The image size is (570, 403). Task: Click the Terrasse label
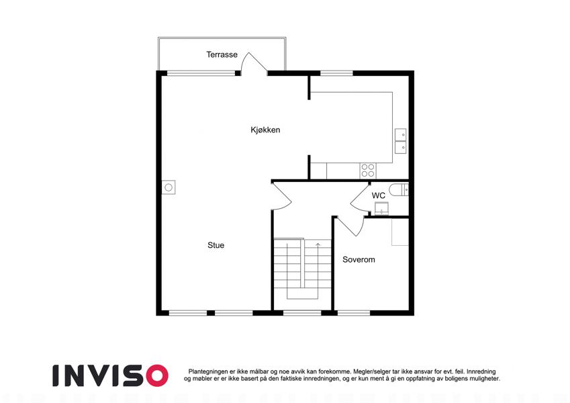click(222, 54)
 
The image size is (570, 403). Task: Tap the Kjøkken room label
click(265, 130)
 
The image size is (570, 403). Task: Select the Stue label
click(216, 245)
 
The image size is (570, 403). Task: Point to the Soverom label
click(359, 260)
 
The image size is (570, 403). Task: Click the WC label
click(379, 195)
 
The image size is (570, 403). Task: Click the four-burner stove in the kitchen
click(368, 171)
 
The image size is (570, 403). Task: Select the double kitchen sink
click(401, 141)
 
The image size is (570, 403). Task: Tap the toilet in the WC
click(399, 190)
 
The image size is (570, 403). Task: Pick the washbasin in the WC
click(382, 209)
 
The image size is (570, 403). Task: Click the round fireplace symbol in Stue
click(169, 187)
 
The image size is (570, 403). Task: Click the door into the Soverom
click(350, 226)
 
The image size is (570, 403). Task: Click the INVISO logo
click(110, 375)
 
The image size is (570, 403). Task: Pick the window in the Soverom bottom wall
click(354, 313)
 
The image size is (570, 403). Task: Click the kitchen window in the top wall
click(336, 73)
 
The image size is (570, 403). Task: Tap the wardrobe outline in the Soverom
click(400, 232)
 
